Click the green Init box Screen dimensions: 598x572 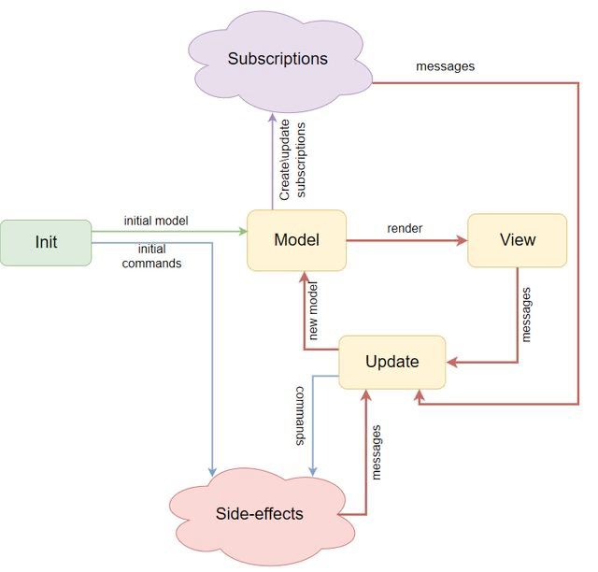point(46,243)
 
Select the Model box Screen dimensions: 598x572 point(297,240)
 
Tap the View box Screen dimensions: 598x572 point(517,240)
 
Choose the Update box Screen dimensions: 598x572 point(392,362)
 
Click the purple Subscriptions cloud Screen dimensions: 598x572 point(279,61)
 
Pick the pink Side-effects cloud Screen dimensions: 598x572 point(262,516)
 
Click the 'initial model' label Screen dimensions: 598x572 point(156,221)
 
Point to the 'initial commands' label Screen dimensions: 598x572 point(151,256)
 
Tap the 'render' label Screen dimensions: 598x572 point(405,228)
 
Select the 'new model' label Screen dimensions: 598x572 point(313,310)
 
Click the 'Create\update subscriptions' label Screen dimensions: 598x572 point(292,160)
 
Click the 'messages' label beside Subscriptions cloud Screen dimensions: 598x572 point(445,66)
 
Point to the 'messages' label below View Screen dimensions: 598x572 point(526,315)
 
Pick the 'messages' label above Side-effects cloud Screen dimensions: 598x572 point(376,452)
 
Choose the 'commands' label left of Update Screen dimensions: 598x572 point(301,416)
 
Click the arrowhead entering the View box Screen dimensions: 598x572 point(463,240)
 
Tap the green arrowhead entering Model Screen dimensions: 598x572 point(243,231)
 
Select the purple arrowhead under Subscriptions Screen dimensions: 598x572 point(273,118)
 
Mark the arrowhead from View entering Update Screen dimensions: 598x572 point(452,362)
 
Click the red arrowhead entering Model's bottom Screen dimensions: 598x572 point(304,277)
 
